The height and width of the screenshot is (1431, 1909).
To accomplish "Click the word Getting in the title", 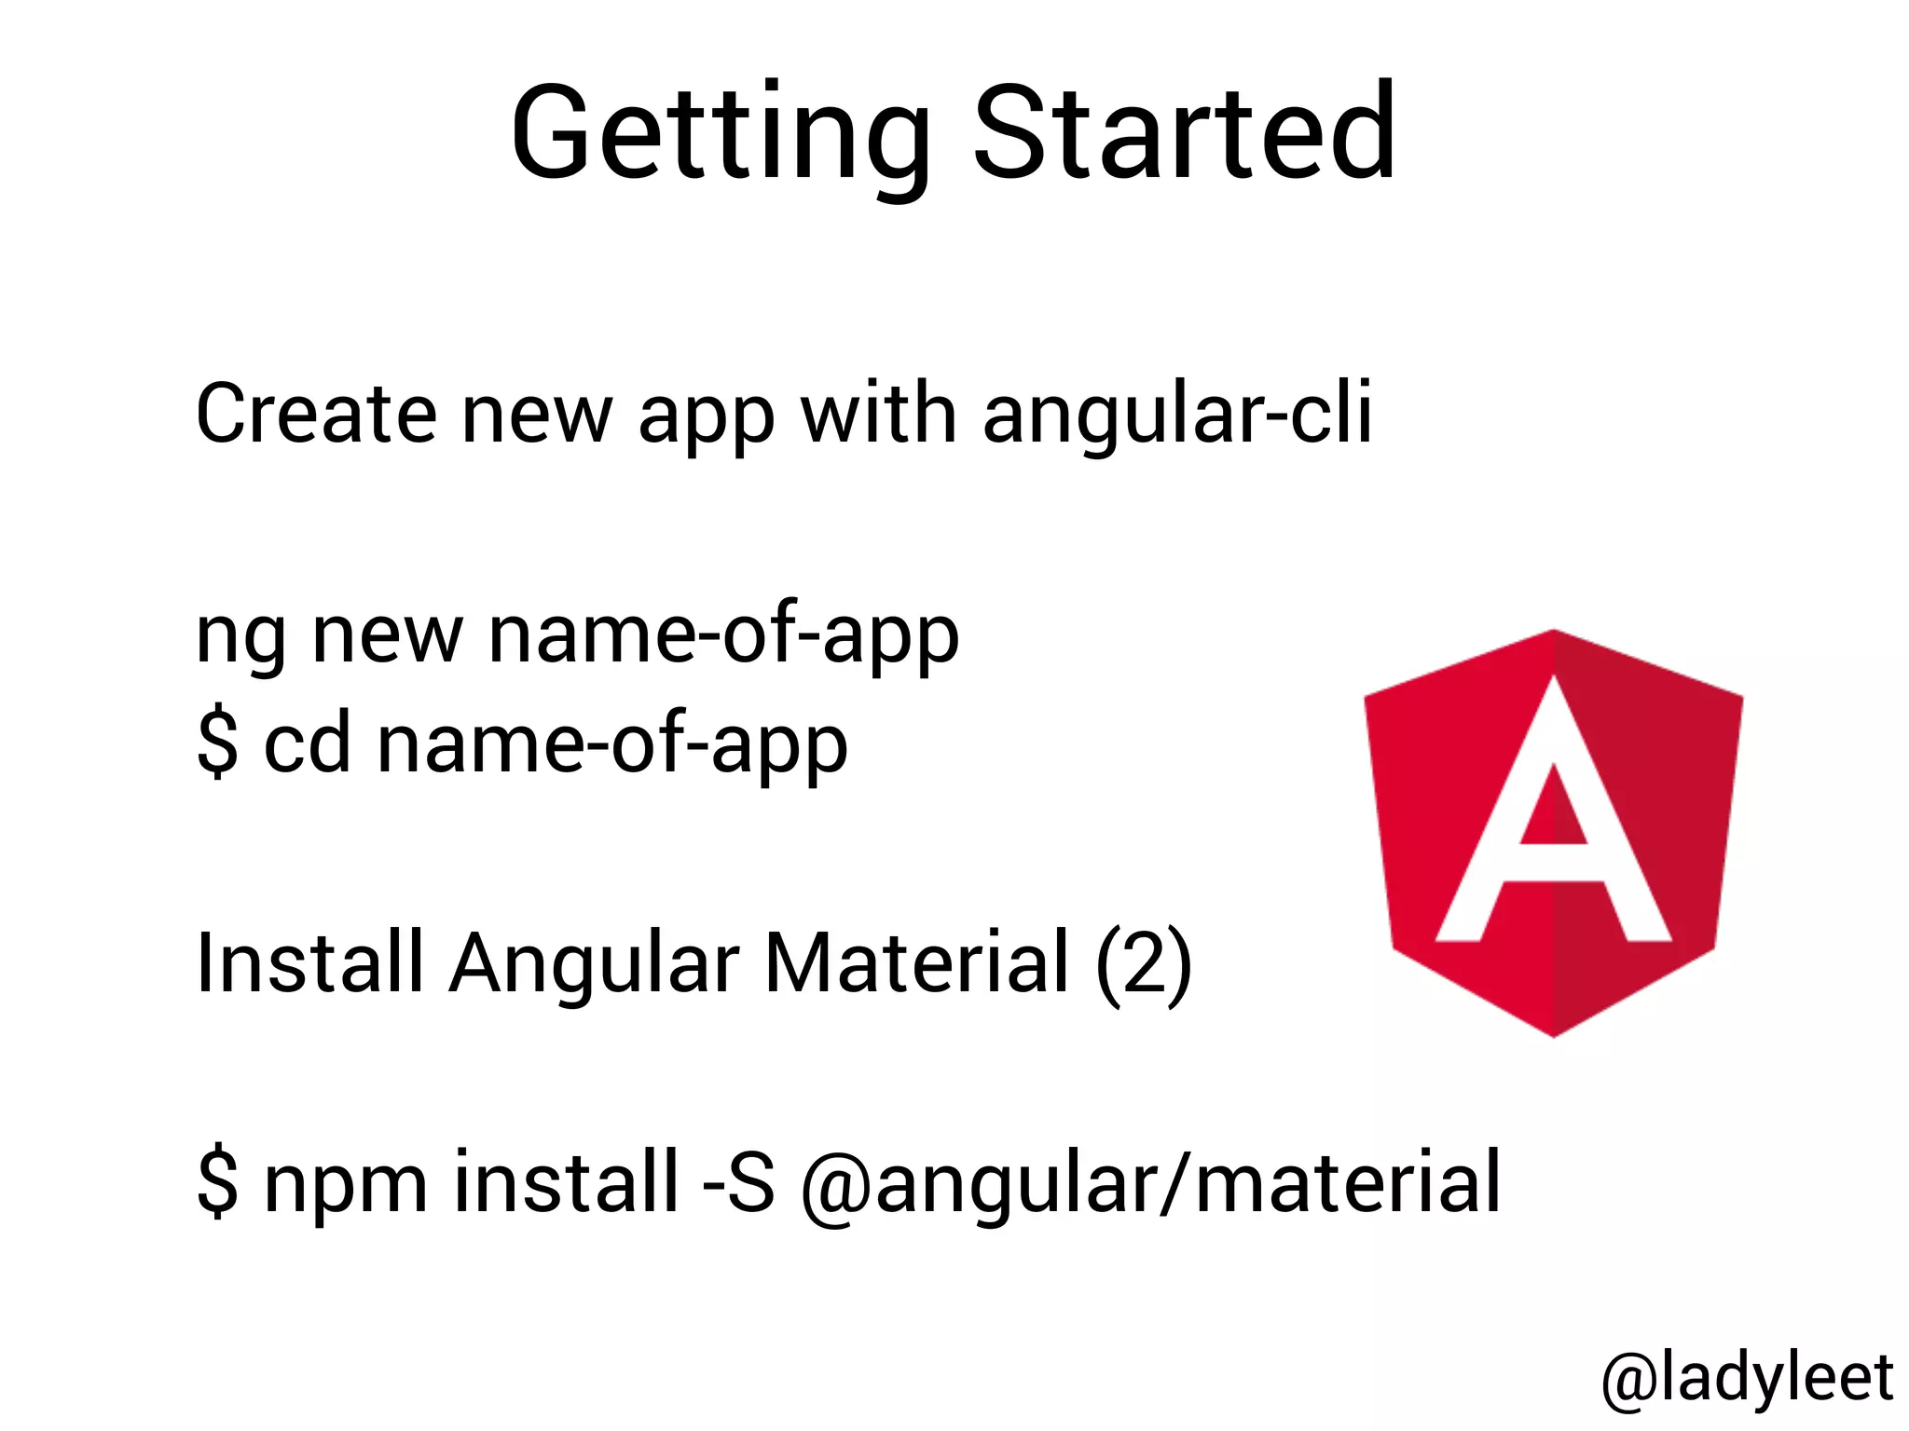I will [x=720, y=135].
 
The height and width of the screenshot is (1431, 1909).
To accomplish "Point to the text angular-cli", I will [x=1177, y=415].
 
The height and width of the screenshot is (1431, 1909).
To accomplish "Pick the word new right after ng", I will [x=387, y=636].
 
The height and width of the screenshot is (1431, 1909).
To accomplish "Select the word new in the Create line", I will [x=537, y=415].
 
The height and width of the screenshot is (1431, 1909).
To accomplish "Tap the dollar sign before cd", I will [x=217, y=744].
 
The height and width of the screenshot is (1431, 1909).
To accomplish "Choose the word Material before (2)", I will [x=916, y=962].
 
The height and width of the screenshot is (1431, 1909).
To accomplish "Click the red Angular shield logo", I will [x=1553, y=832].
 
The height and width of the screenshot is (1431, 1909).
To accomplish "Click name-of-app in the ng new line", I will [x=723, y=636].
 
